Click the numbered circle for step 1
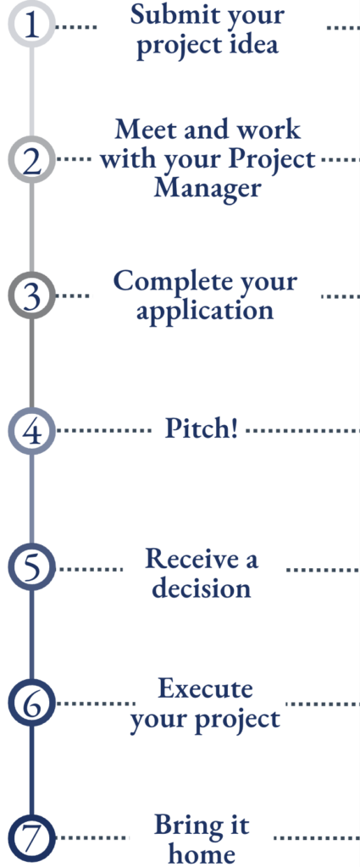click(x=31, y=26)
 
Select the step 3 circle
click(x=31, y=296)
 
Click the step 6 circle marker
click(x=31, y=702)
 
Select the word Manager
click(x=208, y=187)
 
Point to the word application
click(x=205, y=311)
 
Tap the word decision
click(x=202, y=588)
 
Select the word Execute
click(x=205, y=688)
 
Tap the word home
click(x=202, y=853)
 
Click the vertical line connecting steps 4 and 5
click(x=31, y=500)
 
